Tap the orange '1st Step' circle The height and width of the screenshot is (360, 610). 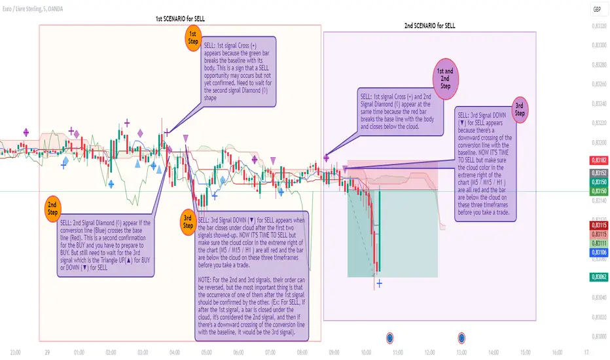193,37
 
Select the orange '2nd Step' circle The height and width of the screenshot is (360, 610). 54,209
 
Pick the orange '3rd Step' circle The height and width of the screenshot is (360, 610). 188,221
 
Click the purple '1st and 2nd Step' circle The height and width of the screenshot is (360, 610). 446,76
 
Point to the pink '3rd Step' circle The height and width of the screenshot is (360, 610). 520,109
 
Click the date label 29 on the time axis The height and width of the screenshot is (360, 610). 48,351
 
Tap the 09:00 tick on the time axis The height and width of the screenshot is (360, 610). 334,351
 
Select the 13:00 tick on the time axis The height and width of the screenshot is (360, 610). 462,351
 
